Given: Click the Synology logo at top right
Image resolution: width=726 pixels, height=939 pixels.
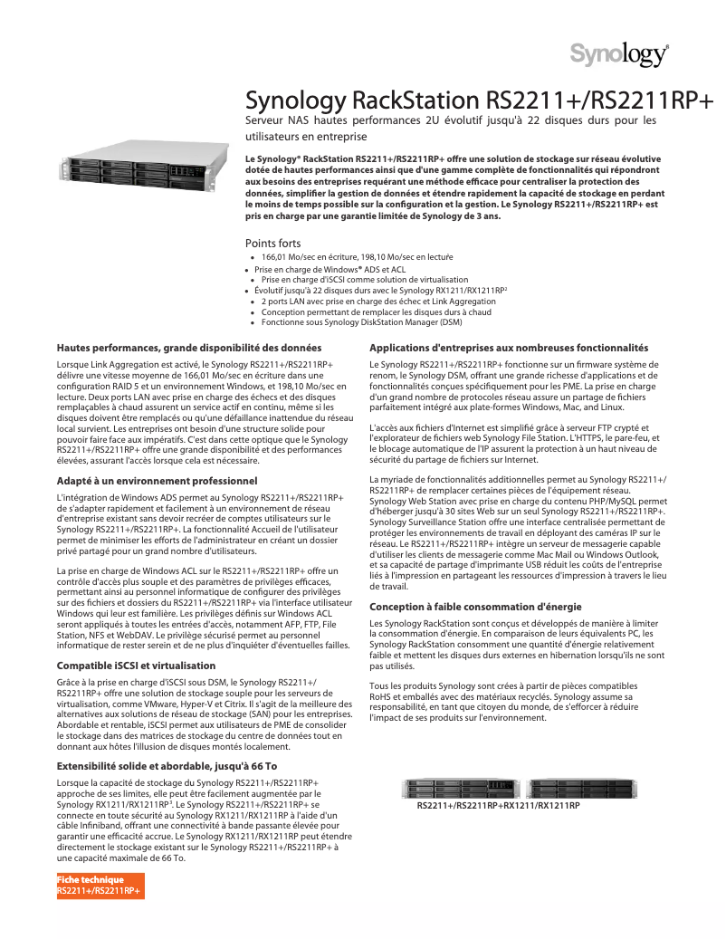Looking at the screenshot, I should (619, 54).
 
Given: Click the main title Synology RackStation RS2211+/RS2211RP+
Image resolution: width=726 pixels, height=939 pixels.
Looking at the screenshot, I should (480, 99).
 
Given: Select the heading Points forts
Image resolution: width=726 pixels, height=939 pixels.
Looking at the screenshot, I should (273, 244).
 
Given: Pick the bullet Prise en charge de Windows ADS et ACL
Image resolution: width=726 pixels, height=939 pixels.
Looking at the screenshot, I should (330, 270).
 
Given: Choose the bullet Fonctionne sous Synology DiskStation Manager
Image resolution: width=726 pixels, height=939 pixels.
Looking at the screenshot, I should (361, 321).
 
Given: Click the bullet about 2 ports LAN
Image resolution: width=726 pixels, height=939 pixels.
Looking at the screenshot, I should (377, 301).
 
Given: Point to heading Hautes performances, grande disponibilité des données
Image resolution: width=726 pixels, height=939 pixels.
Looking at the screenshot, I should (189, 348).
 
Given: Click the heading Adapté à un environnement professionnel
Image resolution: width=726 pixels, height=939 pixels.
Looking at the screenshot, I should (157, 480).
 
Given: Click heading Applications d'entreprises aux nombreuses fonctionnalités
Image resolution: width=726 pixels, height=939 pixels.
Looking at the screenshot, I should (509, 348).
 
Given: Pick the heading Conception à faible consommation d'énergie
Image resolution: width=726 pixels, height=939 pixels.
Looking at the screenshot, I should (475, 607).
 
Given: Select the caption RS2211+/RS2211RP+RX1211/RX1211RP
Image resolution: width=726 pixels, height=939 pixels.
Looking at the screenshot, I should (498, 805).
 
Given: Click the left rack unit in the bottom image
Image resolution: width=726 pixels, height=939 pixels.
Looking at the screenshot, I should (462, 788).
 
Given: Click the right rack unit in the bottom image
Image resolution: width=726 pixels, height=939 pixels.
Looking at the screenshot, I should (578, 788).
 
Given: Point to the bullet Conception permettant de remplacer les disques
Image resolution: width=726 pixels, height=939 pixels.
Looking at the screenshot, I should (376, 311).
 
